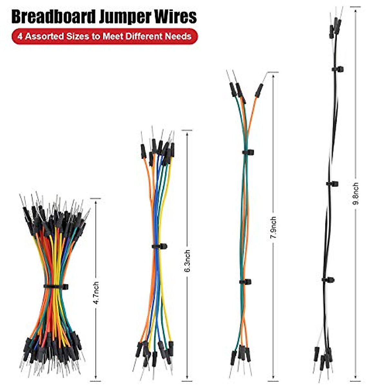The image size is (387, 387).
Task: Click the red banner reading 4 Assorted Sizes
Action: click(104, 36)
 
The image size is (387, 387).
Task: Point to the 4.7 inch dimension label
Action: click(96, 293)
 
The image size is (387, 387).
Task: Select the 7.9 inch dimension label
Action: click(273, 228)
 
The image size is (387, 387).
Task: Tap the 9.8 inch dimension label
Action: click(356, 193)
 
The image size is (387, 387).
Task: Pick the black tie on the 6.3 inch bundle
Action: click(159, 246)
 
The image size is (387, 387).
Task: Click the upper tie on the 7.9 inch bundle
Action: click(248, 152)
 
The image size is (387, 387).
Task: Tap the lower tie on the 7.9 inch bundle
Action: click(245, 282)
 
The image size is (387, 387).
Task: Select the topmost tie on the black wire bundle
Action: click(338, 69)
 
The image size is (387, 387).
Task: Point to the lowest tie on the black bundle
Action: click(328, 280)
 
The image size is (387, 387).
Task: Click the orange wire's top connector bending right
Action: click(259, 90)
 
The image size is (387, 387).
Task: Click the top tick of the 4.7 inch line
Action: click(95, 198)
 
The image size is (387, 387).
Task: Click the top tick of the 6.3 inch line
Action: click(187, 131)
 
